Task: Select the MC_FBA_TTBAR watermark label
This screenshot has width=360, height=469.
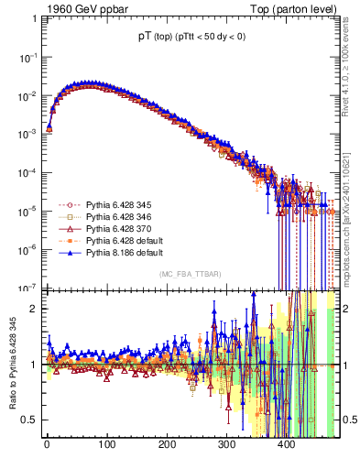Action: [189, 275]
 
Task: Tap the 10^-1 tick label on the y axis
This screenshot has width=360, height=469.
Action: [27, 57]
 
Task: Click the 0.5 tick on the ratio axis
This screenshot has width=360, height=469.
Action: [29, 420]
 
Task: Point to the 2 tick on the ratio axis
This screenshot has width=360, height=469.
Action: [35, 309]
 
